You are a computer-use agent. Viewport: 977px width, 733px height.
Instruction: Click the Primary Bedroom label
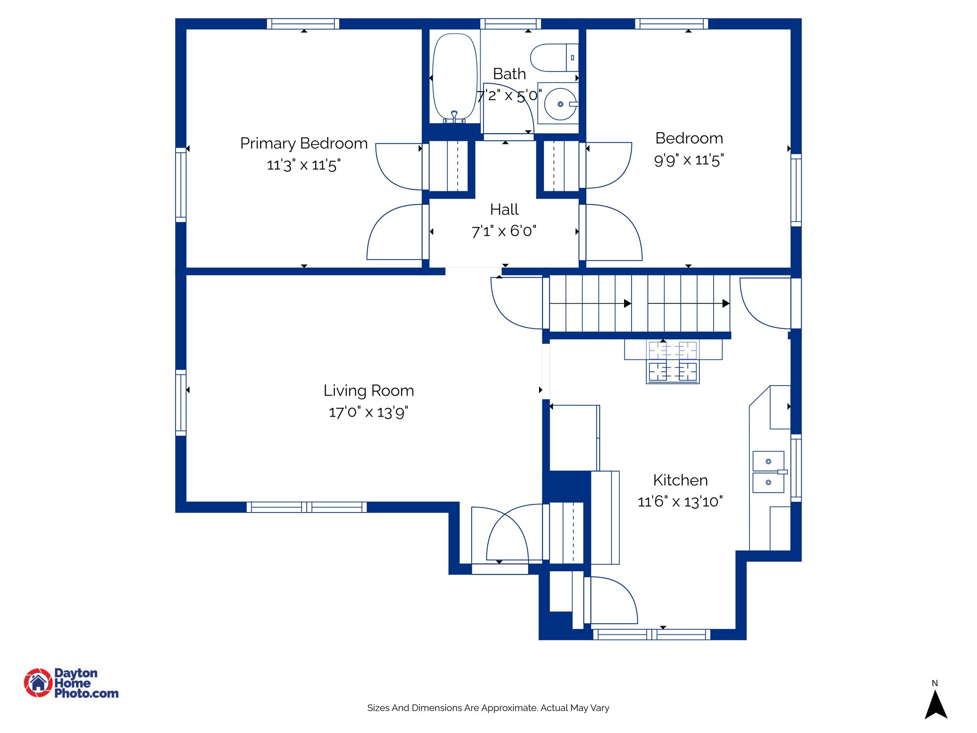303,143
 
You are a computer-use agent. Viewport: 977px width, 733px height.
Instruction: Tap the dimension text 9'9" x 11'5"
688,160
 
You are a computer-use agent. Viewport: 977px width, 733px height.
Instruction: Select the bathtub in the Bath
455,76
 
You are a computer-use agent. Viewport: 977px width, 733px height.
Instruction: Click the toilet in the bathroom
553,58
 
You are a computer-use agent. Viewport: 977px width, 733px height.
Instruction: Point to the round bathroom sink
560,104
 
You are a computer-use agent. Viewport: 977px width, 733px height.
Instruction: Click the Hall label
504,209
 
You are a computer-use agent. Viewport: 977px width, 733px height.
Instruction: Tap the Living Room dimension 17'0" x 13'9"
368,412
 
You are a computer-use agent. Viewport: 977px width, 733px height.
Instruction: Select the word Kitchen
680,480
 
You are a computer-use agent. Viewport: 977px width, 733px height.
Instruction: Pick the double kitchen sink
768,472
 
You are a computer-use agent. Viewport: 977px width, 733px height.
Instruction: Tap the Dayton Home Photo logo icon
38,683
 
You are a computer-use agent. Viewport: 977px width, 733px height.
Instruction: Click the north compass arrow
935,705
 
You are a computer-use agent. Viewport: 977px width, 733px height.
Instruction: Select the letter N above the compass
935,683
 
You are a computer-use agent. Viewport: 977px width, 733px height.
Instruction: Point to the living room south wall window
307,507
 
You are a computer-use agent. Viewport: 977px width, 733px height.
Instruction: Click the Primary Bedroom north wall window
303,23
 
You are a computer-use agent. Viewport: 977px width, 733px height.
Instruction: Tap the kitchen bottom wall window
652,634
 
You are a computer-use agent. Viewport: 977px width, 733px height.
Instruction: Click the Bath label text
509,74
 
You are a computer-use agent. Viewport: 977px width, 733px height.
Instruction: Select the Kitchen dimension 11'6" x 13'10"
680,502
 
